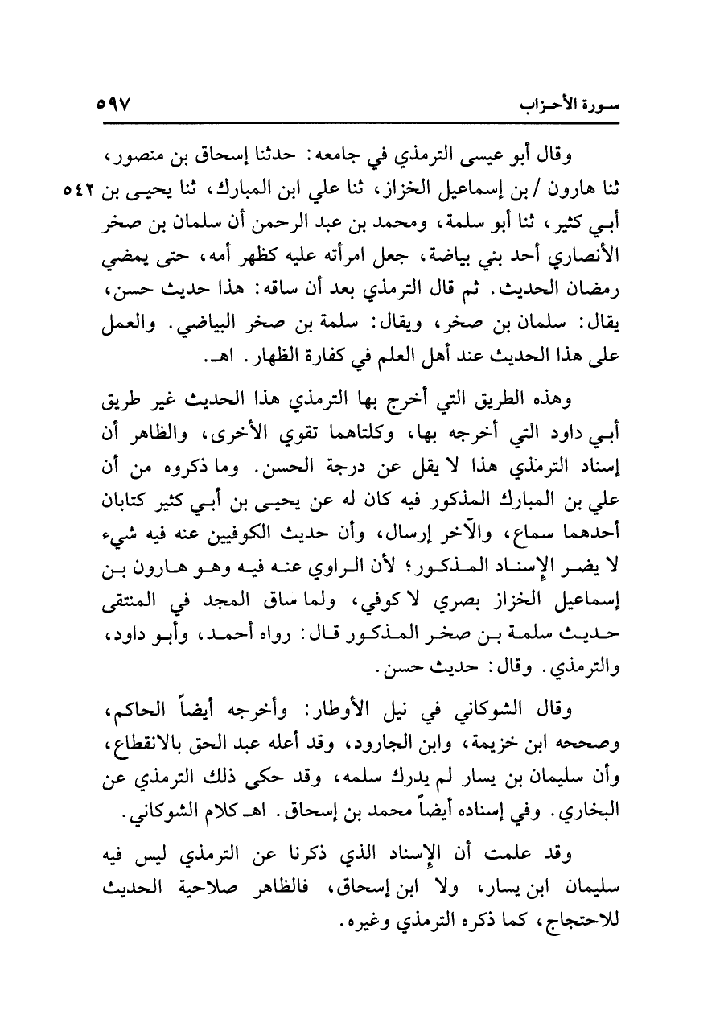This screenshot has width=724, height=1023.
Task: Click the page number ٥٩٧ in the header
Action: (119, 105)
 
